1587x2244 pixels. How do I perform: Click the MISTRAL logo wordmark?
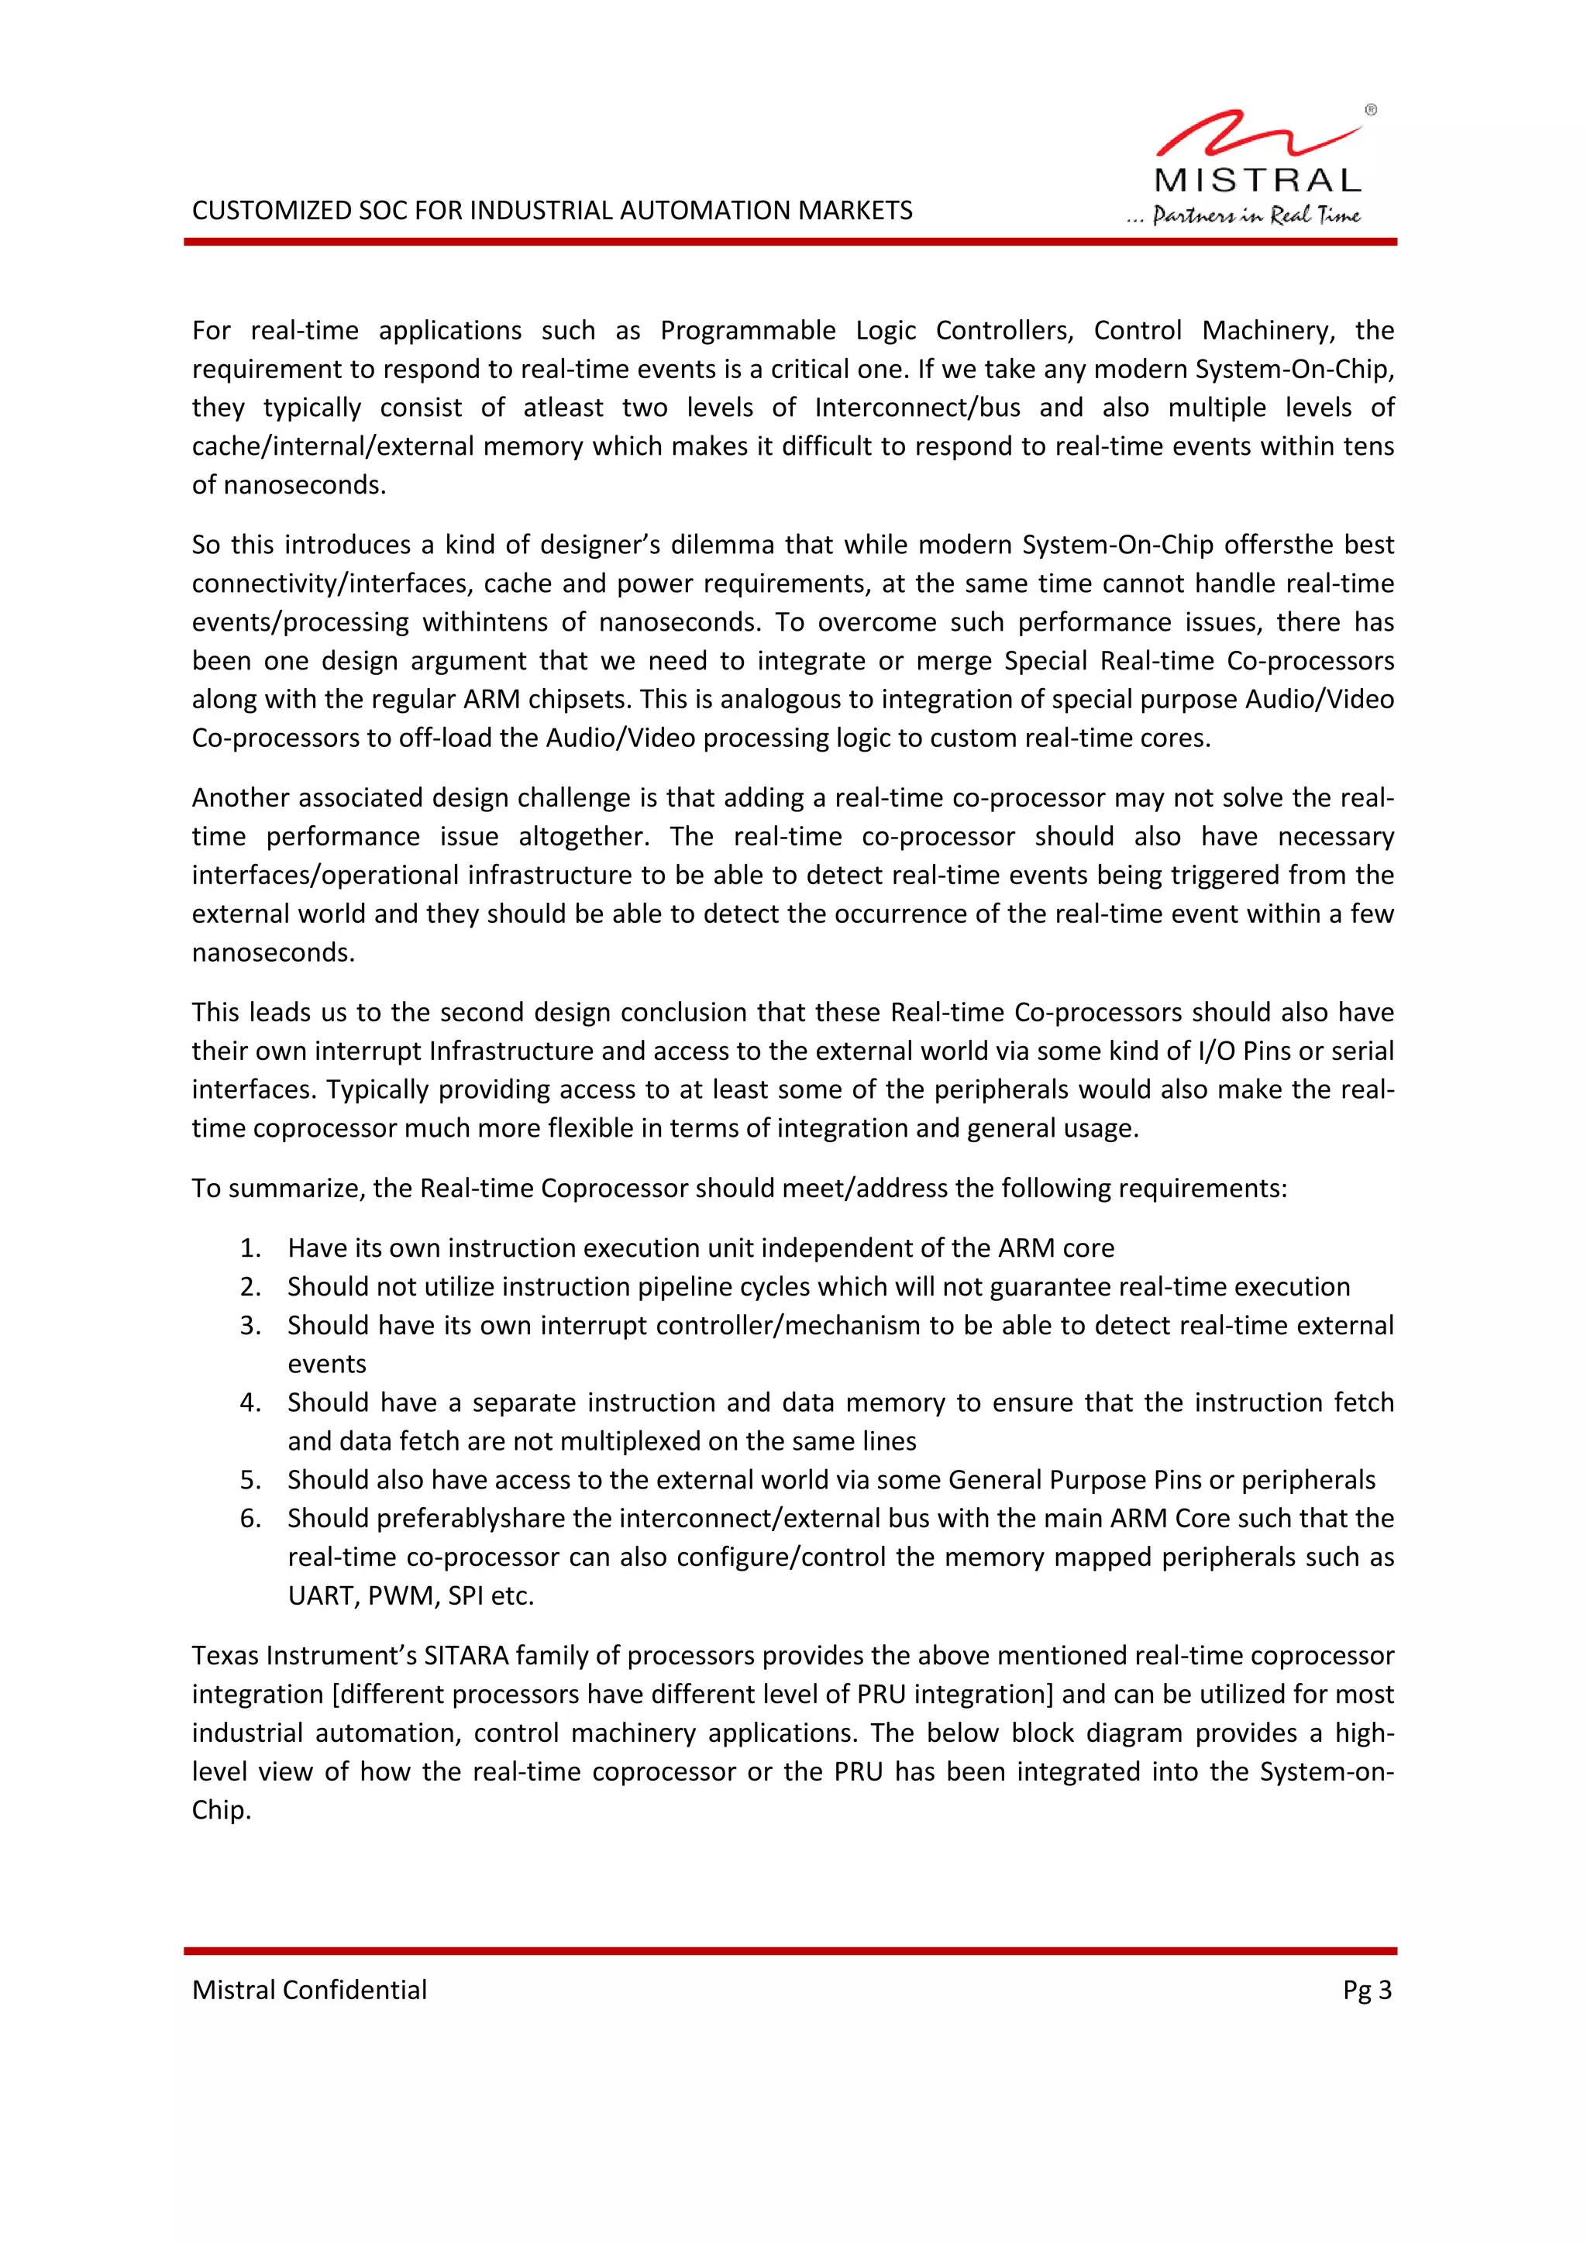pyautogui.click(x=1258, y=181)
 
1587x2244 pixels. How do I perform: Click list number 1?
pyautogui.click(x=250, y=1248)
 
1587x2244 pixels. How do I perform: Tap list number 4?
pyautogui.click(x=250, y=1402)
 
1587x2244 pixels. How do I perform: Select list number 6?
pyautogui.click(x=250, y=1518)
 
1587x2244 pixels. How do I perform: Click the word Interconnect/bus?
pyautogui.click(x=917, y=408)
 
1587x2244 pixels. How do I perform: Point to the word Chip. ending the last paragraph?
pyautogui.click(x=221, y=1810)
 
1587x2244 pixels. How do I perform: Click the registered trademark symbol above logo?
pyautogui.click(x=1370, y=111)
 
